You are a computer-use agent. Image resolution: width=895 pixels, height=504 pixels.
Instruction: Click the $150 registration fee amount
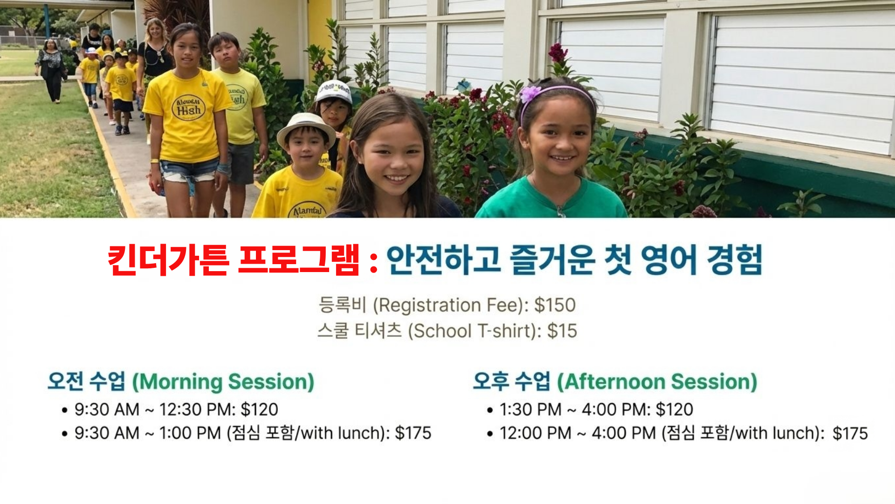coord(555,305)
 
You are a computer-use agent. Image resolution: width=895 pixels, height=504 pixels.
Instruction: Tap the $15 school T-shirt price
coord(562,331)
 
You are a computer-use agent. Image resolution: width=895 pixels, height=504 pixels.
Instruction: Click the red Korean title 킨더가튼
coord(168,260)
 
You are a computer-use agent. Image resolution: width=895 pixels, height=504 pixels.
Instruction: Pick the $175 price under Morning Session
coord(413,433)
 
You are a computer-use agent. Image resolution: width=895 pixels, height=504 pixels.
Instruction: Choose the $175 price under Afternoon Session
coord(850,434)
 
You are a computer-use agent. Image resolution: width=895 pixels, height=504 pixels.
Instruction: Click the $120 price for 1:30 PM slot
coord(675,410)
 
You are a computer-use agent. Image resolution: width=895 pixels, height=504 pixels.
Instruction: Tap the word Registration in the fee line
coord(429,306)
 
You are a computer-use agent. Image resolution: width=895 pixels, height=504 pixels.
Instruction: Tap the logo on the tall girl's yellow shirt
coord(188,108)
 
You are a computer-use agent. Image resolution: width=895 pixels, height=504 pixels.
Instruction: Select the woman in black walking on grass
coord(51,70)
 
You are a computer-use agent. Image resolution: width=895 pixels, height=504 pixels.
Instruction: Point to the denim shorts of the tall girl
coord(189,170)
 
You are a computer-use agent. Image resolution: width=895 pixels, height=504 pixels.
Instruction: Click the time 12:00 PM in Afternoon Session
coord(535,434)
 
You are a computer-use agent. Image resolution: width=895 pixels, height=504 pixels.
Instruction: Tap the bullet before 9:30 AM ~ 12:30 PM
coord(65,410)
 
